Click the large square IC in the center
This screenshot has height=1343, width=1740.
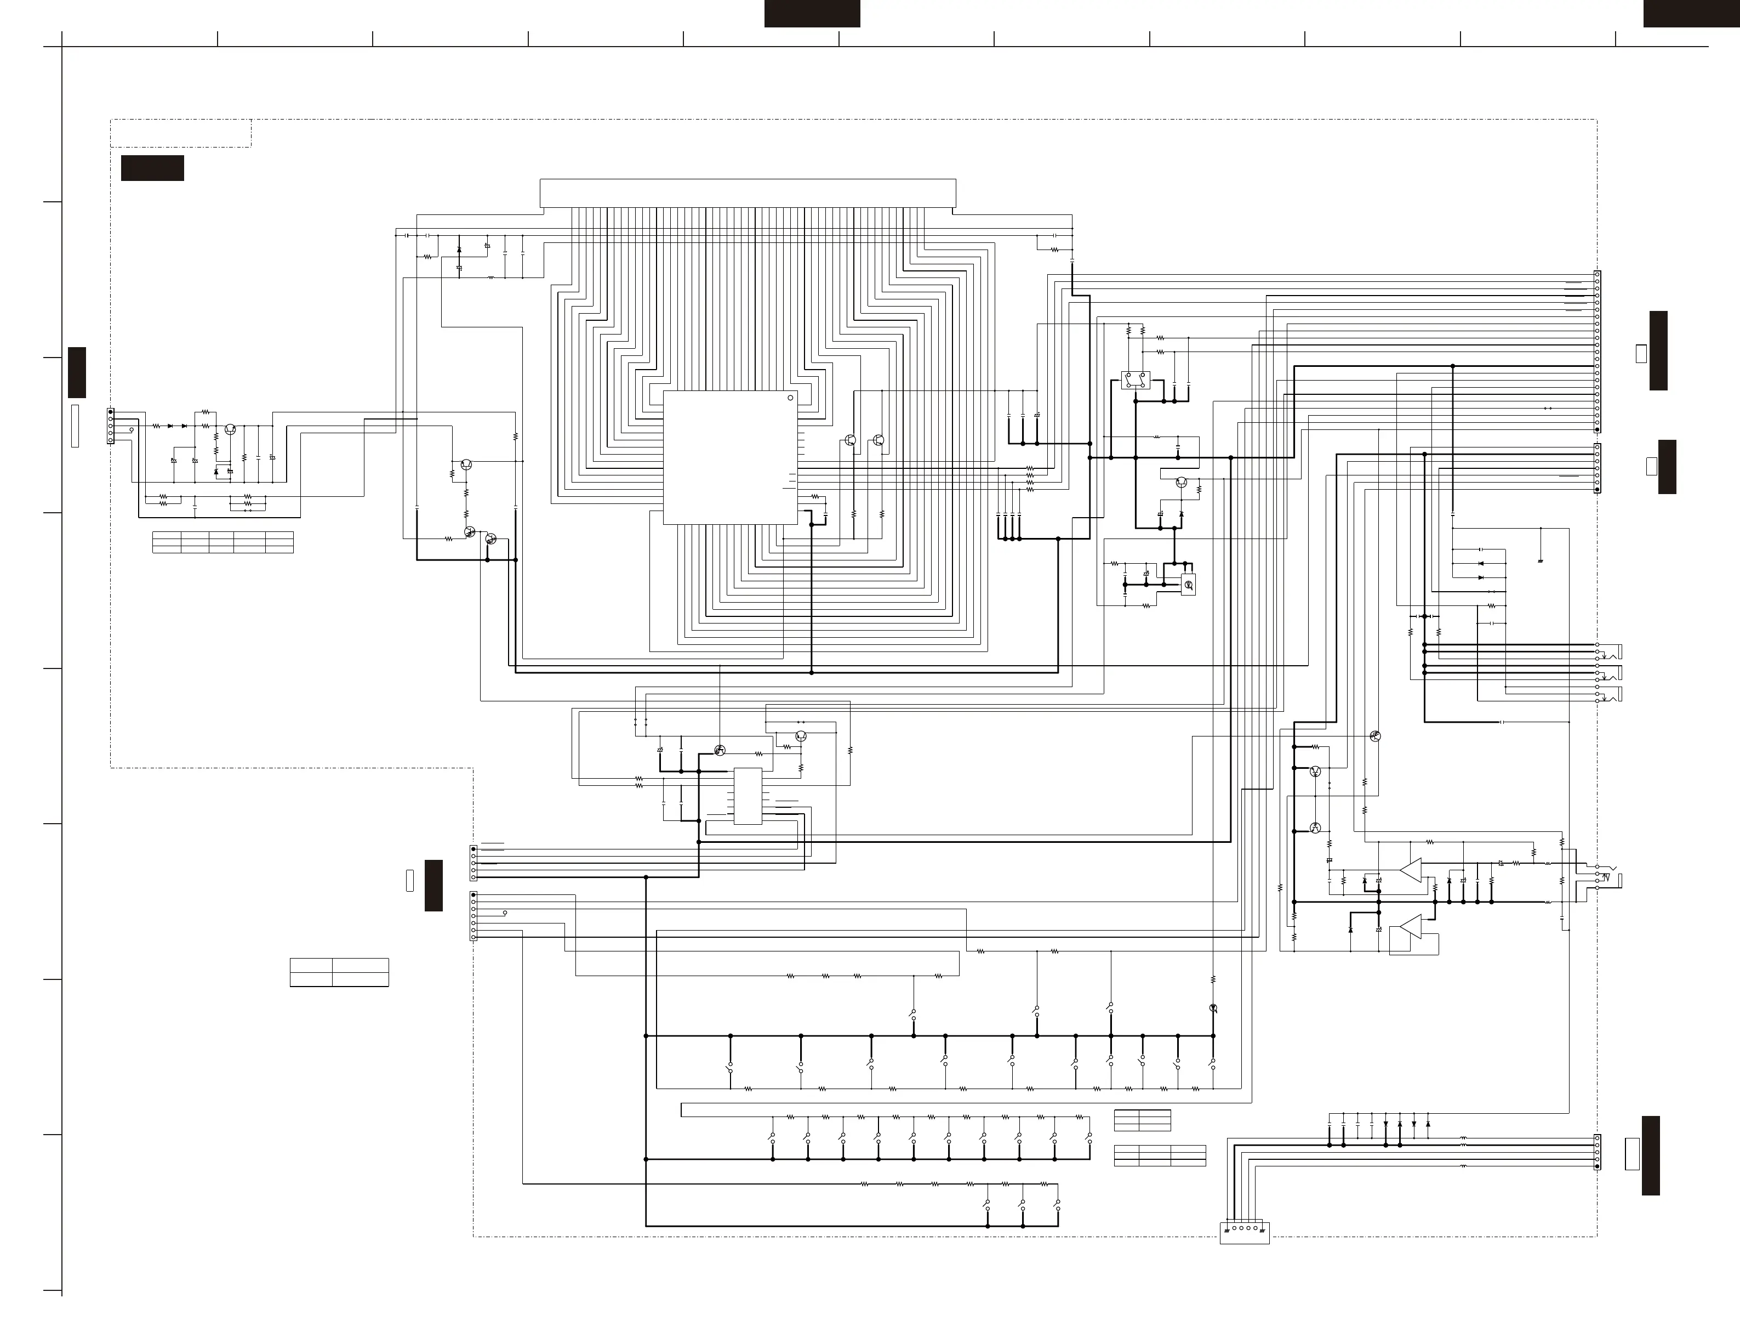730,457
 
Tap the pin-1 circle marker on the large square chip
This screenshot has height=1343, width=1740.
790,398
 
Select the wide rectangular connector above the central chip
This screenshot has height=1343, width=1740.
748,194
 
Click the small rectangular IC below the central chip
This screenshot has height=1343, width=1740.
748,796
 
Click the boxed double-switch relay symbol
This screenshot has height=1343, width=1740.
1136,380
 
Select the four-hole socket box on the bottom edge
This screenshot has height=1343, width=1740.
1245,1232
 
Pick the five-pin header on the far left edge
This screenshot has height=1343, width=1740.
111,426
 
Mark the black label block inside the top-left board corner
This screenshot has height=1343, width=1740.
152,168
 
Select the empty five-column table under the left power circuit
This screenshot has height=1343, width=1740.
223,542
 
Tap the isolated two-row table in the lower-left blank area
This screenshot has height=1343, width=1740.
339,972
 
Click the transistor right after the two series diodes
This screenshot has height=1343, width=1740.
230,429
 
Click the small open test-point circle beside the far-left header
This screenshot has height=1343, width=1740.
132,429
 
